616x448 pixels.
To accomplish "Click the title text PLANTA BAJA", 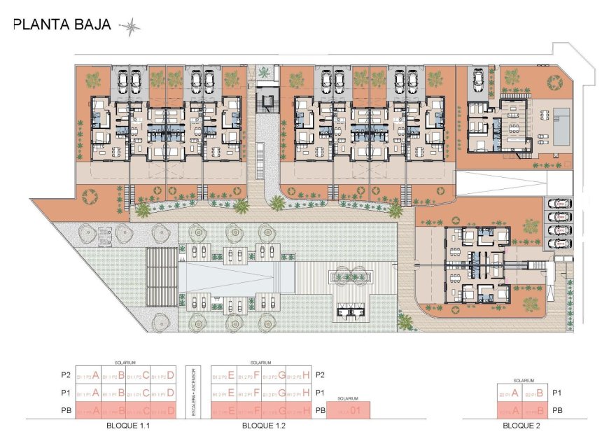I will (62, 25).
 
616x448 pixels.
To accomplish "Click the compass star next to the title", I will (131, 27).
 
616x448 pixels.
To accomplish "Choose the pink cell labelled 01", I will (347, 410).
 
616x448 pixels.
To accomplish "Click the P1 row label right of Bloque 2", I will (558, 393).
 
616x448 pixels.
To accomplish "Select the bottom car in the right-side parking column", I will (559, 243).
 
